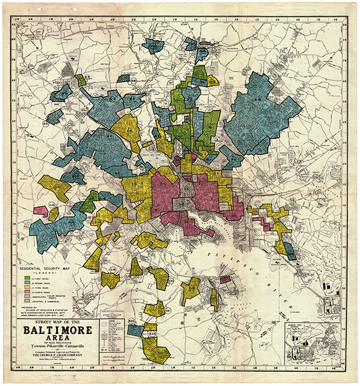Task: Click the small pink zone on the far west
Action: tap(40, 210)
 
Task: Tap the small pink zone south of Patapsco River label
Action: tap(225, 280)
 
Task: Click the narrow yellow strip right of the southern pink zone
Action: tap(213, 299)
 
